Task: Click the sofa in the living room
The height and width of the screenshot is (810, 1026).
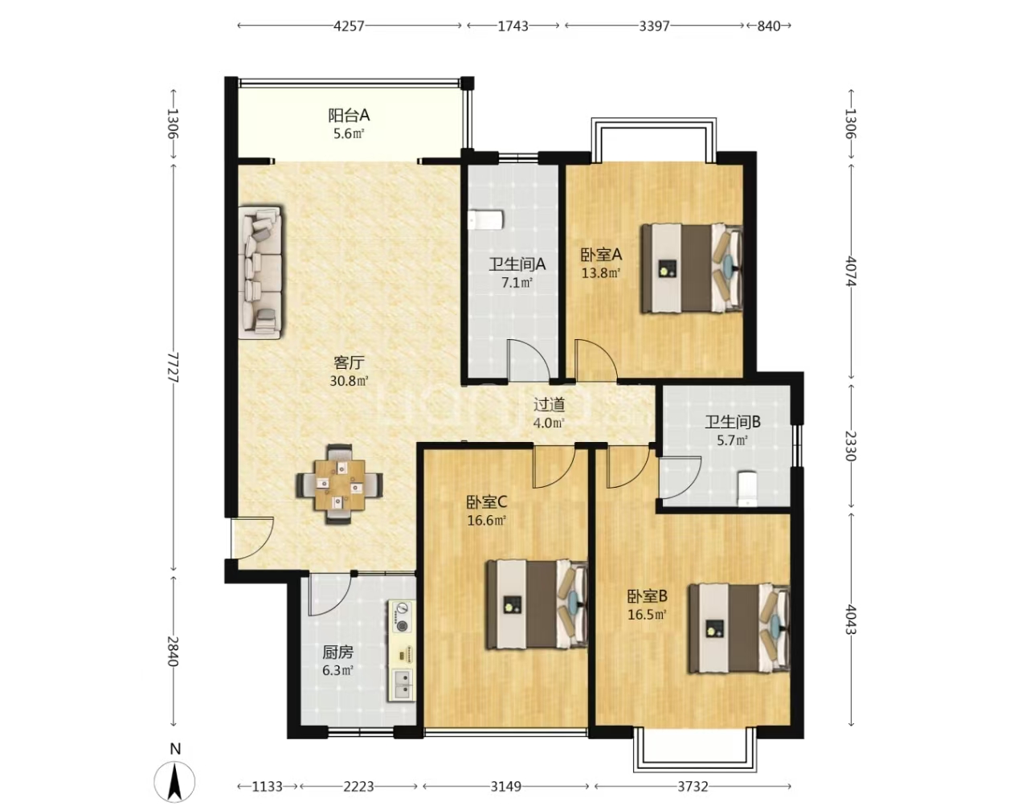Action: [x=262, y=272]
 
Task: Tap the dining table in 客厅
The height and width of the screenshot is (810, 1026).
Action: [x=340, y=485]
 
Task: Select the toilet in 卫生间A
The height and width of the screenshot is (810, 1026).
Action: [x=486, y=220]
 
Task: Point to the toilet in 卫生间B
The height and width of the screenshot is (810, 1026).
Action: [x=747, y=489]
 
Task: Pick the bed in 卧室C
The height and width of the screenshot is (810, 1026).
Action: [x=538, y=604]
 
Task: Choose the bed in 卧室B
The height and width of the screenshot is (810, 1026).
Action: [x=739, y=628]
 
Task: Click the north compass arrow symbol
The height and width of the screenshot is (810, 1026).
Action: [x=175, y=782]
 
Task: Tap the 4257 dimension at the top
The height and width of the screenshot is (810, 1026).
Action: [x=349, y=26]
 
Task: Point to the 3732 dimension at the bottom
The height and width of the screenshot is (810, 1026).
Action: [x=693, y=785]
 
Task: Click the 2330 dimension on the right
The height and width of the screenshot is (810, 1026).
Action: [x=851, y=446]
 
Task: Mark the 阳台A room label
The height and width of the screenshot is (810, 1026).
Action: [x=349, y=116]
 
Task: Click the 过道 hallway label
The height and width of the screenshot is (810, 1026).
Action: [x=550, y=405]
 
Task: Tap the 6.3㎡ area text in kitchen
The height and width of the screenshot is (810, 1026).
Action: [x=337, y=671]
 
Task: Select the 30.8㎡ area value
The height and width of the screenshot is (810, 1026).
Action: [x=349, y=381]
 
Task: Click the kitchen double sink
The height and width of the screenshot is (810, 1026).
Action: [x=403, y=683]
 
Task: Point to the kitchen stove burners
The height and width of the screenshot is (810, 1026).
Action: [x=403, y=617]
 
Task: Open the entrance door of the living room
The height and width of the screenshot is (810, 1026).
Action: [x=251, y=537]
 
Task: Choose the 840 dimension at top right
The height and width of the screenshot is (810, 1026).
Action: [x=769, y=26]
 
